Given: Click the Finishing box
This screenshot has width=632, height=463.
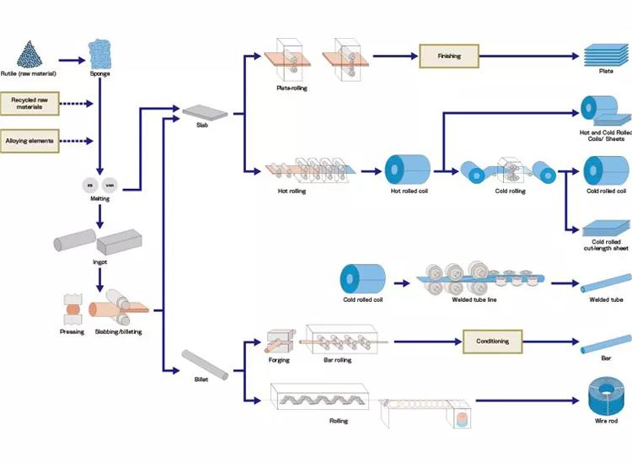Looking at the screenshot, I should [x=448, y=56].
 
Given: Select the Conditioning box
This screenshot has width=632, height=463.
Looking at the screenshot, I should [x=492, y=342].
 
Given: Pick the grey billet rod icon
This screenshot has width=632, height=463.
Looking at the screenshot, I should [x=205, y=364].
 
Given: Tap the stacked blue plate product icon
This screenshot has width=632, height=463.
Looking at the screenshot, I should [x=606, y=57].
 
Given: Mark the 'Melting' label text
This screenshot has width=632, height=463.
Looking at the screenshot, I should [x=100, y=199].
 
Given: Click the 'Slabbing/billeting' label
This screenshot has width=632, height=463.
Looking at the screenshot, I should [x=118, y=331].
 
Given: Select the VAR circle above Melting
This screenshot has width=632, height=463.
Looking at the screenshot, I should [x=110, y=185].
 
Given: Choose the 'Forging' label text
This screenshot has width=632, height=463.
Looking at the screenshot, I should [x=279, y=360].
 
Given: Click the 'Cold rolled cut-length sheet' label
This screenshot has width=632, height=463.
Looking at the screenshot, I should [x=606, y=245].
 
